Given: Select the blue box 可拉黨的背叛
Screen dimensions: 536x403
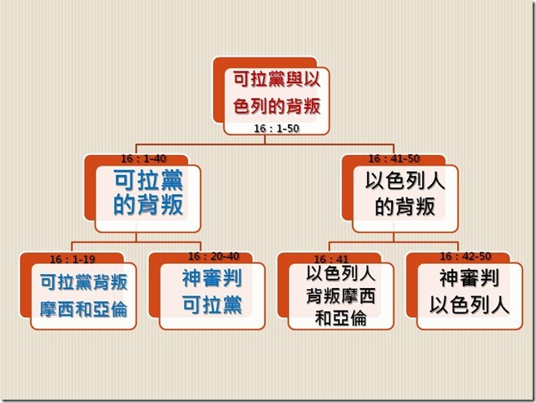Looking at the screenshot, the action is coord(148,192).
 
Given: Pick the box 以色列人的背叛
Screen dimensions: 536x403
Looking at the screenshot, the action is coord(404,193).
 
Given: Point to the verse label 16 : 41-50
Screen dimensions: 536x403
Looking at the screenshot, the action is coord(394,158).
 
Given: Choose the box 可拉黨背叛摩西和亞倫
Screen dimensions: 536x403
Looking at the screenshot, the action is coord(83,295).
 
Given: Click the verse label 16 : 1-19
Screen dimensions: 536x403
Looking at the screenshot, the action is coord(72,258).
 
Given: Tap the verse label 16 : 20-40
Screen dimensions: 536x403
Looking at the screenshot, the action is coord(213,256).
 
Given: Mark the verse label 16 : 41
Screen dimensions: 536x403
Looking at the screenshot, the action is coord(330,259).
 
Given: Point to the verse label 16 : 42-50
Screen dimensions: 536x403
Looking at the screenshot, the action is coord(465,256).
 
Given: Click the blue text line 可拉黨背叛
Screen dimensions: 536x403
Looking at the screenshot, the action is coord(83,281).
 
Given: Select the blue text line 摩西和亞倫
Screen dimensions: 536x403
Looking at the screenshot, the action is coord(83,310).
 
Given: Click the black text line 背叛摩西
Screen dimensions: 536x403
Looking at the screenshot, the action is coord(341,297).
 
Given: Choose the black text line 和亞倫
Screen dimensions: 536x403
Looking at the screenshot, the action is coord(341,317).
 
